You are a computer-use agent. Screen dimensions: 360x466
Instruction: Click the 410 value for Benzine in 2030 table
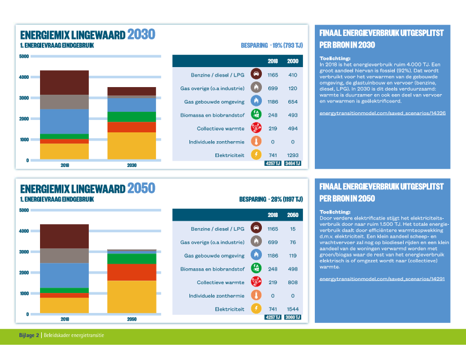(x=292, y=75)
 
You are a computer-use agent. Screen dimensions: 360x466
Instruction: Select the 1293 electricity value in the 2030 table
(x=292, y=155)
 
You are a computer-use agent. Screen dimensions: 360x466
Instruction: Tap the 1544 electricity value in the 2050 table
(x=292, y=309)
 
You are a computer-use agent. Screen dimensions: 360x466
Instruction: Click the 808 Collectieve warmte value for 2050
(x=292, y=282)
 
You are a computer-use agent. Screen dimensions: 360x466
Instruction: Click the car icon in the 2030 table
(x=256, y=75)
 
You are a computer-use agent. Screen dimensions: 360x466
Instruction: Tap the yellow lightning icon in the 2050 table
(x=256, y=309)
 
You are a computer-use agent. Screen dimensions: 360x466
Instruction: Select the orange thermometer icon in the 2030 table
(x=256, y=142)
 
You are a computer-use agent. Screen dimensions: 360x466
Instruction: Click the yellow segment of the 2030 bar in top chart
(x=132, y=146)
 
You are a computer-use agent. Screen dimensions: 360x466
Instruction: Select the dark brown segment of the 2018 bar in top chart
(x=64, y=82)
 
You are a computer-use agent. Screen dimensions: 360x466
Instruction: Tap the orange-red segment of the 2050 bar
(x=132, y=272)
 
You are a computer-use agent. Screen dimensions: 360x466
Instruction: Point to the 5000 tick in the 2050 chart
(x=24, y=210)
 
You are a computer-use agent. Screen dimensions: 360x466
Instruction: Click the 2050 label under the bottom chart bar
(x=132, y=319)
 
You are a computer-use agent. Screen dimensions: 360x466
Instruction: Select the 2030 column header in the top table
(x=292, y=61)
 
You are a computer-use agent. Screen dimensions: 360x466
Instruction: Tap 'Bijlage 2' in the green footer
(x=28, y=335)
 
